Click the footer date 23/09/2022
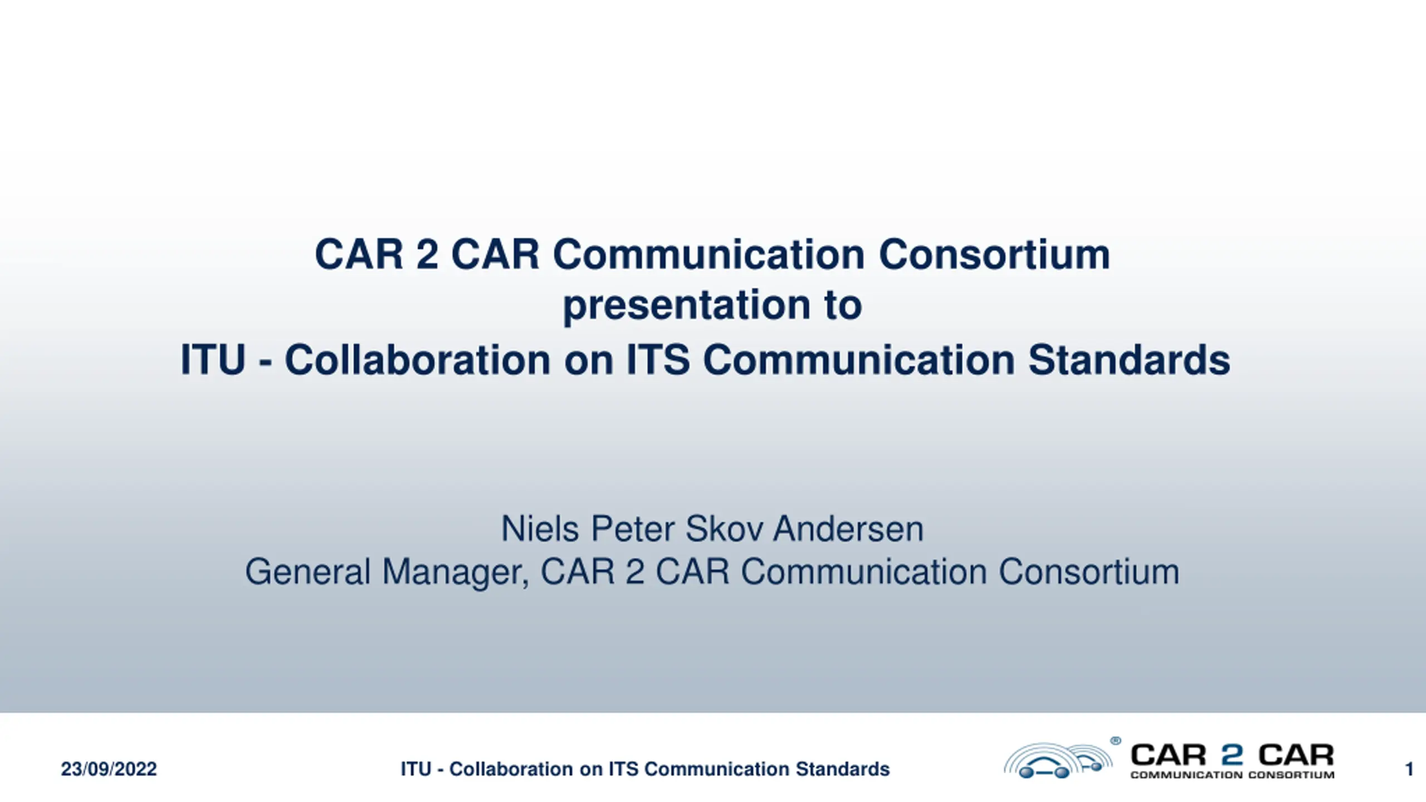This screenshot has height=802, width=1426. (x=109, y=769)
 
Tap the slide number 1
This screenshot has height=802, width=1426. (x=1409, y=769)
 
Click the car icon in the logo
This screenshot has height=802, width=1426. (x=1058, y=761)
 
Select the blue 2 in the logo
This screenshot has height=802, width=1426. (x=1232, y=755)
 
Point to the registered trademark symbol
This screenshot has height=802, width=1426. (x=1115, y=741)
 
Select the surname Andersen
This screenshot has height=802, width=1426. (x=848, y=529)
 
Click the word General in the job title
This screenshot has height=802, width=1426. (x=308, y=572)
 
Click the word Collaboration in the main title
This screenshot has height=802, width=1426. (x=418, y=360)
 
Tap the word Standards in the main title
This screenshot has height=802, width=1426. (x=1129, y=360)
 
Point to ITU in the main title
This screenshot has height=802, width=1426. (x=213, y=360)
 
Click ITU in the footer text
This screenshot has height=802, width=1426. (x=416, y=769)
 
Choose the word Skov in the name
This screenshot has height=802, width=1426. (x=724, y=529)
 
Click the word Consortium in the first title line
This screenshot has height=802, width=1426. (x=994, y=255)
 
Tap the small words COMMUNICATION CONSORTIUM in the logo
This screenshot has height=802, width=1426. (x=1232, y=775)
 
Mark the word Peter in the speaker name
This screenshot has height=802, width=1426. (x=632, y=529)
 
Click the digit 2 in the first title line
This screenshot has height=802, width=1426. (x=427, y=255)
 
